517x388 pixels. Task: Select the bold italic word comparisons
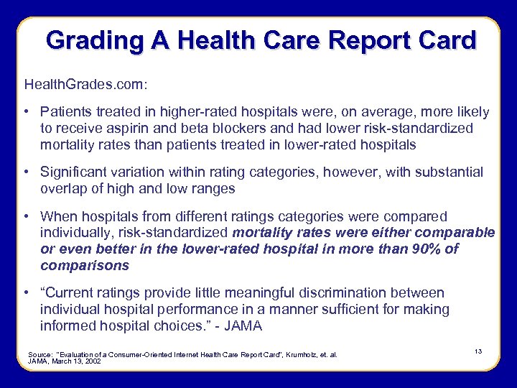85,266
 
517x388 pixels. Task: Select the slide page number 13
478,350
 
